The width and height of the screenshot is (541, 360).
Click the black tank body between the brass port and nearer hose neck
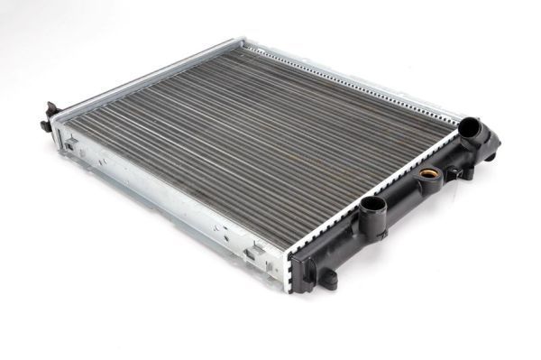[x=401, y=194]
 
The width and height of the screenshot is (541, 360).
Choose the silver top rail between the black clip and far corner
[x=144, y=77]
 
